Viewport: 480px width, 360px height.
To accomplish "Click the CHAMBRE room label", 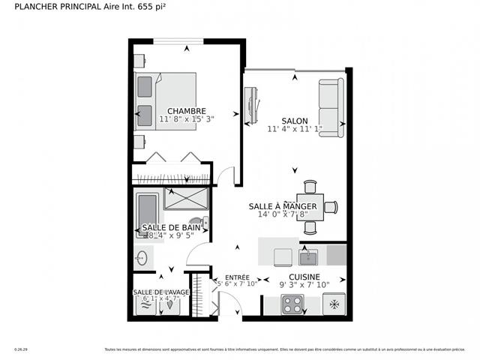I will pos(187,111).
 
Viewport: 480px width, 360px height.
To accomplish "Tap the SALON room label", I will pos(294,121).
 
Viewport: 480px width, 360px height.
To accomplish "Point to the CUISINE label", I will pos(304,276).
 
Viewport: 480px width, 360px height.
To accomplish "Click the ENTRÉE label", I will pos(237,277).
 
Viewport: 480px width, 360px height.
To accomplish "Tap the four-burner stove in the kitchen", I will pos(292,304).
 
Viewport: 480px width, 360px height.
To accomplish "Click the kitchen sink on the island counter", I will pos(308,257).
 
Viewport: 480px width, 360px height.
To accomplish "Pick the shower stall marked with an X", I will pos(184,199).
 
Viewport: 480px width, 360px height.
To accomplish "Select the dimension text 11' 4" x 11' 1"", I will pos(294,129).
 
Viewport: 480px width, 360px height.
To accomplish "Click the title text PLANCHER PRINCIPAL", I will pos(55,9).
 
